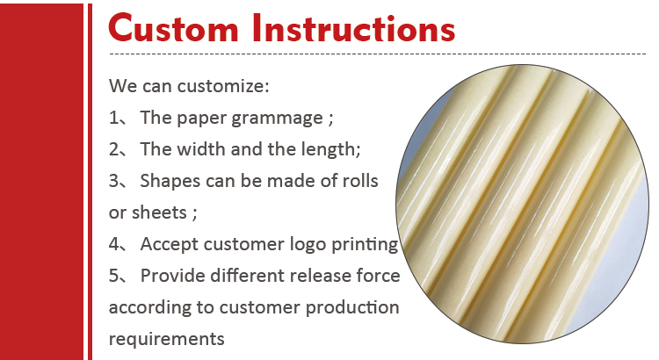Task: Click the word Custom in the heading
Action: (x=173, y=28)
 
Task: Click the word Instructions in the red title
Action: (x=353, y=28)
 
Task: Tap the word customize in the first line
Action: (x=223, y=86)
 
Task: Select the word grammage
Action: (x=277, y=119)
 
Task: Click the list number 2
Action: (x=114, y=149)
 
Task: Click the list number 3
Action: (x=114, y=181)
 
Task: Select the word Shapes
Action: (x=170, y=182)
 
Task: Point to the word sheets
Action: (x=159, y=212)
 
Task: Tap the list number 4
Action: (x=114, y=244)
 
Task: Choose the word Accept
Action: (x=170, y=245)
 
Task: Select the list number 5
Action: (x=114, y=276)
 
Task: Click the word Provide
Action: (x=173, y=276)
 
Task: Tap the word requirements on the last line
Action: (x=166, y=340)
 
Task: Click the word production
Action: (x=352, y=308)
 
